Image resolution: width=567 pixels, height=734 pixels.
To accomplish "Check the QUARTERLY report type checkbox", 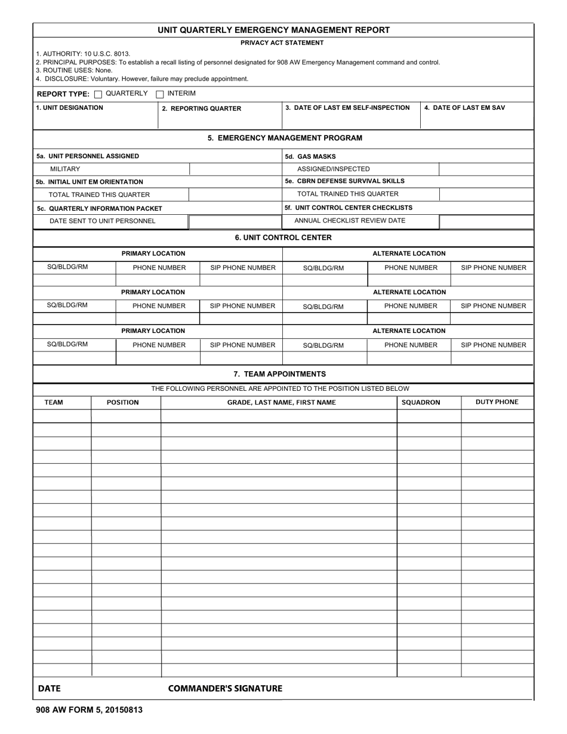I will pos(98,94).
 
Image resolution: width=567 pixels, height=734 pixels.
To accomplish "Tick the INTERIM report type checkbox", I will pos(160,94).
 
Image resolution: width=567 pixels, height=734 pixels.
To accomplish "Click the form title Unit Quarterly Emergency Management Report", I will pos(273,30).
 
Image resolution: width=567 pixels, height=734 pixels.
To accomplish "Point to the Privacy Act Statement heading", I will pos(282,43).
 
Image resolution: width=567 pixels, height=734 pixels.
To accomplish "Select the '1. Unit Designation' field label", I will pos(69,108).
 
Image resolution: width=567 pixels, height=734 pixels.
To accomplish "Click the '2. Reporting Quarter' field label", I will pos(202,109).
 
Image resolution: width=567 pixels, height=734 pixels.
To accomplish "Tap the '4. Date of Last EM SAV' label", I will pos(464,108).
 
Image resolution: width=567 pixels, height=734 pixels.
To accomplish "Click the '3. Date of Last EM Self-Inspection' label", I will pos(347,108).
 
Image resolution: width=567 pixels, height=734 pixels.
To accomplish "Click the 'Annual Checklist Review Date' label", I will pos(350,221).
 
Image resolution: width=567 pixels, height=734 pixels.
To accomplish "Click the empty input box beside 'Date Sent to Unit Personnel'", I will pos(235,222).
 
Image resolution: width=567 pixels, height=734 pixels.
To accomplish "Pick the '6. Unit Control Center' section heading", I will pos(283,238).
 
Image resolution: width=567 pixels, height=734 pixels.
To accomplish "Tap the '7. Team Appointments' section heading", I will pos(280,374).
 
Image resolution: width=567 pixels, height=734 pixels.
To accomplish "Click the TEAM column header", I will pos(54,403).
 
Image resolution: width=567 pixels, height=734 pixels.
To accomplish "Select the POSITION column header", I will pos(123,403).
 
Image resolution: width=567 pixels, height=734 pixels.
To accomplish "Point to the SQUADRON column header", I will pos(421,403).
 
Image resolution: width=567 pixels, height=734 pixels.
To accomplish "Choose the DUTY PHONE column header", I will pos(497,402).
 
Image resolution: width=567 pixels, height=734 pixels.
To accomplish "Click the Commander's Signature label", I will pos(225,689).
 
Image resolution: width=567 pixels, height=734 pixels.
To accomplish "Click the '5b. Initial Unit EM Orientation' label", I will pos(90,182).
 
